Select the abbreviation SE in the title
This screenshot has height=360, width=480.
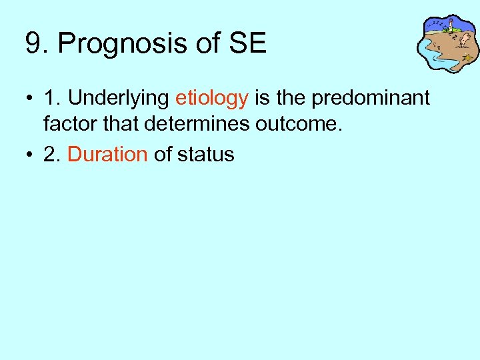tap(247, 44)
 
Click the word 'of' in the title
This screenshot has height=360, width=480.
tap(209, 44)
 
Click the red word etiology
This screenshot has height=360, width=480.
tap(211, 99)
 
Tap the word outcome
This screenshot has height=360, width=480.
tap(305, 123)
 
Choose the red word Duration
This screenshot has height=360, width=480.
tap(107, 154)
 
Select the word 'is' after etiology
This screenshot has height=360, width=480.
tap(262, 99)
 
